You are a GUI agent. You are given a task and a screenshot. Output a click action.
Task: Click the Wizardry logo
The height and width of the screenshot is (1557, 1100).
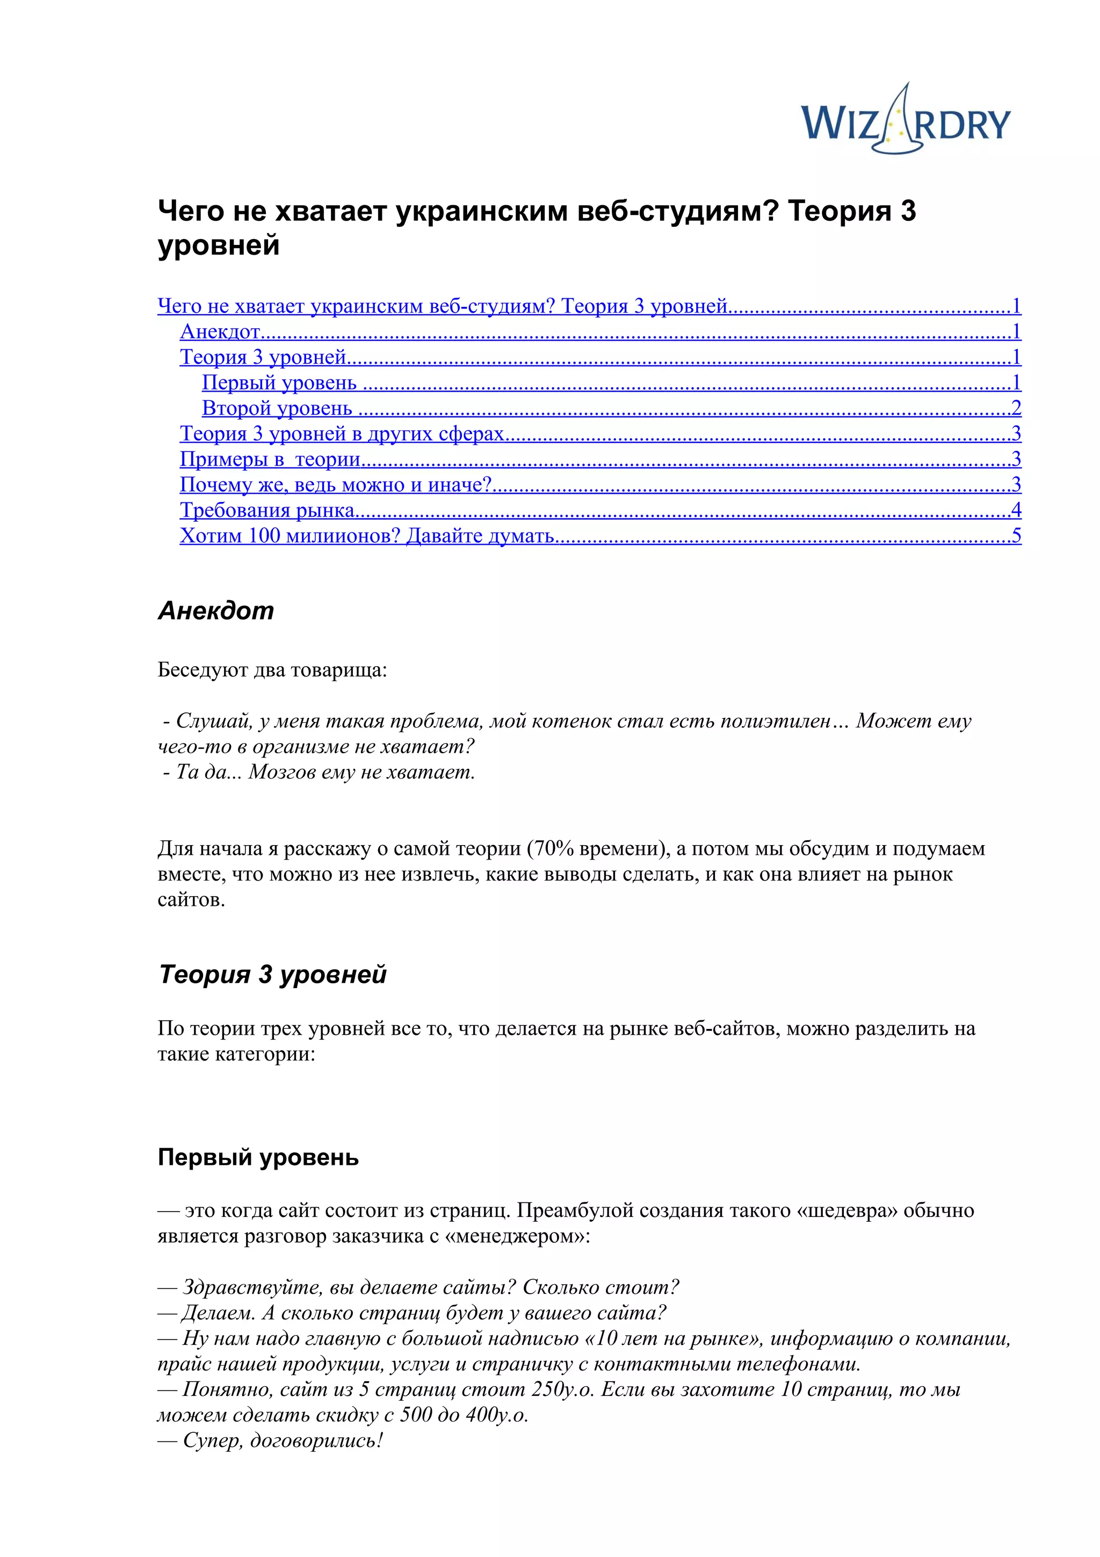coord(906,122)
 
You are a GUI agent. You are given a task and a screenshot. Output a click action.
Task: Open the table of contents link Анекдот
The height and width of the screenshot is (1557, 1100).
coord(220,331)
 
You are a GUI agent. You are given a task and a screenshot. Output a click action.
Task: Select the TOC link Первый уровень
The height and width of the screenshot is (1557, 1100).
coord(279,383)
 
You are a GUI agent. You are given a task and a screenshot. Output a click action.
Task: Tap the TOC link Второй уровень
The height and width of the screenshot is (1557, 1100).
coord(277,408)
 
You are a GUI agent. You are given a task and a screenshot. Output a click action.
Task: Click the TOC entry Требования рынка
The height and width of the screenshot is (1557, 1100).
coord(267,510)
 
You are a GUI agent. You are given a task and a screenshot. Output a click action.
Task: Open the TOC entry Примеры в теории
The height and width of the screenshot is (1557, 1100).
coord(270,459)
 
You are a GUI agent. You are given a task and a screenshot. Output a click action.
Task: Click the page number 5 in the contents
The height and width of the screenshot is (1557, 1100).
coord(1016,536)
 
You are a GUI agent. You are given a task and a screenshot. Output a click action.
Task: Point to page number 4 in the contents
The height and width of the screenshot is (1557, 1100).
coord(1016,510)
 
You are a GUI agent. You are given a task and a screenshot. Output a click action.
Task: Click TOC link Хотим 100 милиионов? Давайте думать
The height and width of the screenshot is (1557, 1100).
coord(367,536)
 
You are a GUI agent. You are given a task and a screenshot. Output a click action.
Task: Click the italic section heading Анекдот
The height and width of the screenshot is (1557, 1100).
coord(215,611)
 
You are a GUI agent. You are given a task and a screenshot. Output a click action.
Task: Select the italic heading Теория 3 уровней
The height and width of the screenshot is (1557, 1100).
coord(272,975)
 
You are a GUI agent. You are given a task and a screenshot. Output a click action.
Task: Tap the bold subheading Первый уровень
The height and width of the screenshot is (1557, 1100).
coord(258,1157)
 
